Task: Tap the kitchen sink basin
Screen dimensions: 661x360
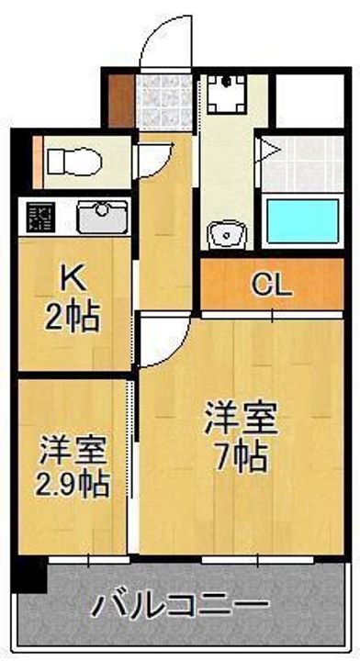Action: point(96,218)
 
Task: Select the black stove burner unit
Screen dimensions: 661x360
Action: point(39,218)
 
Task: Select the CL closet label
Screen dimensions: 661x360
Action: point(272,285)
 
